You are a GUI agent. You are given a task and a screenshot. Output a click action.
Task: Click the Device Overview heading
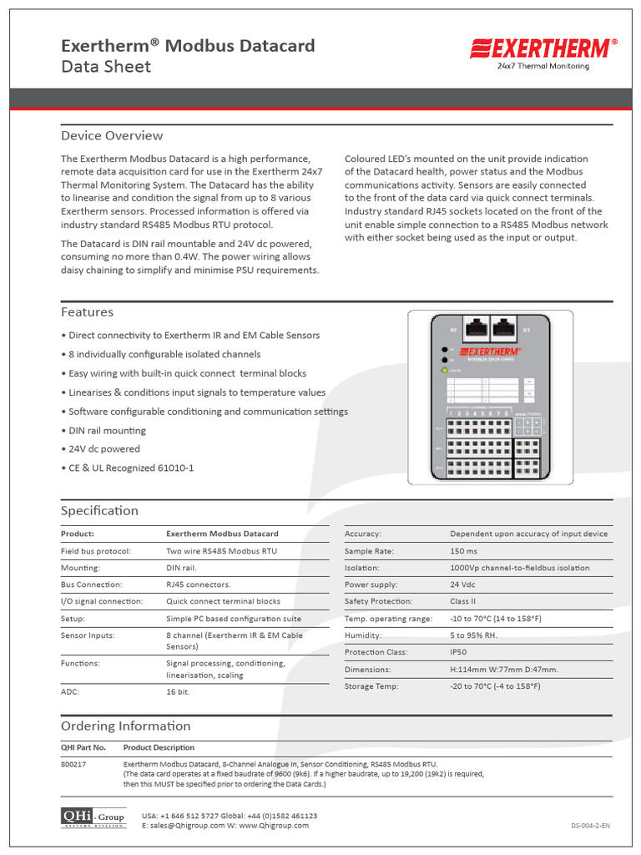(112, 136)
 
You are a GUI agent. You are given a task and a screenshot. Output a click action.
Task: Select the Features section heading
(87, 312)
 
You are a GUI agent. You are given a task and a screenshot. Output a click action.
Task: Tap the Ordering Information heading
(125, 726)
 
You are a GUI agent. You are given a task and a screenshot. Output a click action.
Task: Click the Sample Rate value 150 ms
(463, 551)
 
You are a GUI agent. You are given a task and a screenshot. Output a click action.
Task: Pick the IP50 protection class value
(459, 652)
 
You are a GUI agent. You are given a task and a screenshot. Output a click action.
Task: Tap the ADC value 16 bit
(178, 692)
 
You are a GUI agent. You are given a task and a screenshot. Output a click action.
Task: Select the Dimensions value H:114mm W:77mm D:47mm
(504, 670)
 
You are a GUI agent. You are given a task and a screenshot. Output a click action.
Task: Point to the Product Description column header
(159, 748)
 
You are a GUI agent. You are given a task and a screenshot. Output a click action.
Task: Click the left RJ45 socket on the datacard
(478, 329)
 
